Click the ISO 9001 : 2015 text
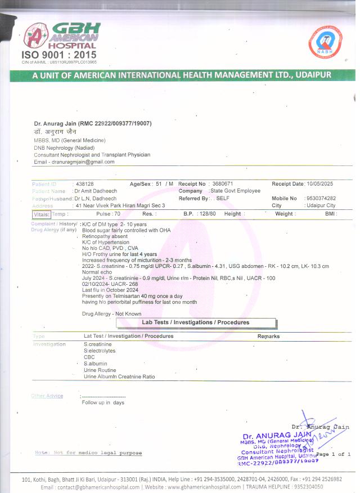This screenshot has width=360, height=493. pos(58,55)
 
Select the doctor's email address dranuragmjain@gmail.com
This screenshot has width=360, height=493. pos(83,162)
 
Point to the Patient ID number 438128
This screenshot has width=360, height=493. pos(85,184)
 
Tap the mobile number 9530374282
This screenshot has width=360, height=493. pos(321,199)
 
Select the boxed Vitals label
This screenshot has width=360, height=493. pos(42,214)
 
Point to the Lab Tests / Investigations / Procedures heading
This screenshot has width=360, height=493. pos(196,322)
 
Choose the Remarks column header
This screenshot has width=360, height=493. pos(268,336)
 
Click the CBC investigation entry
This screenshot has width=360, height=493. pos(89,357)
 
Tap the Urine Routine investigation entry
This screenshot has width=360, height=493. pos(100,370)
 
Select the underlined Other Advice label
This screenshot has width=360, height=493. pos(47,396)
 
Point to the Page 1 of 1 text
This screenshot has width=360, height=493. pos(334,454)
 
